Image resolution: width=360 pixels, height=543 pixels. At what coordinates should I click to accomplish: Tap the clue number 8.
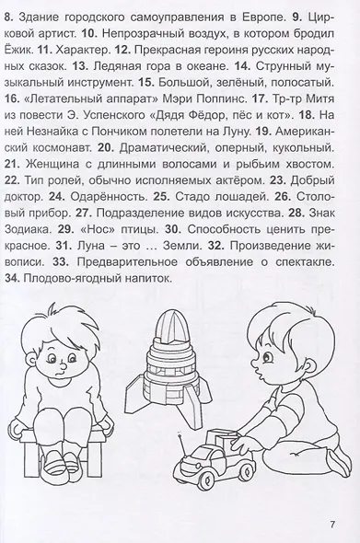(8, 17)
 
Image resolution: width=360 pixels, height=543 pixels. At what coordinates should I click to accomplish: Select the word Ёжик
(19, 50)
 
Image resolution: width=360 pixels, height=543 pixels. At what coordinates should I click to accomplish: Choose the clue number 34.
(13, 279)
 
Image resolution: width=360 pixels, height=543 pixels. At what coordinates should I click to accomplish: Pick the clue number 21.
(14, 164)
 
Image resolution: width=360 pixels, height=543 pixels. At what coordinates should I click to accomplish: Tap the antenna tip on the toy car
(180, 433)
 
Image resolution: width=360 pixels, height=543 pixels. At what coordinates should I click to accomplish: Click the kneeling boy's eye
(267, 356)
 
